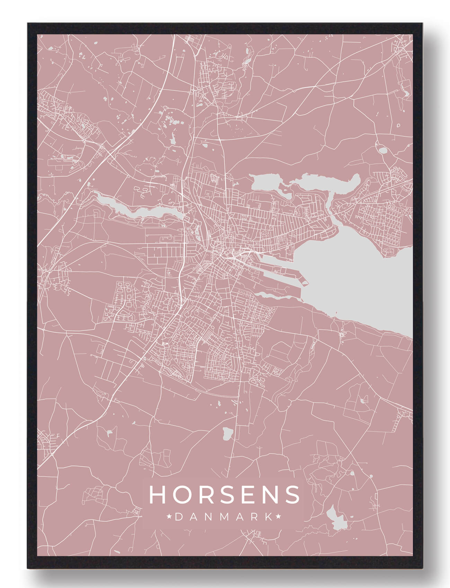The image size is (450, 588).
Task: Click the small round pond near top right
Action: click(x=383, y=151)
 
